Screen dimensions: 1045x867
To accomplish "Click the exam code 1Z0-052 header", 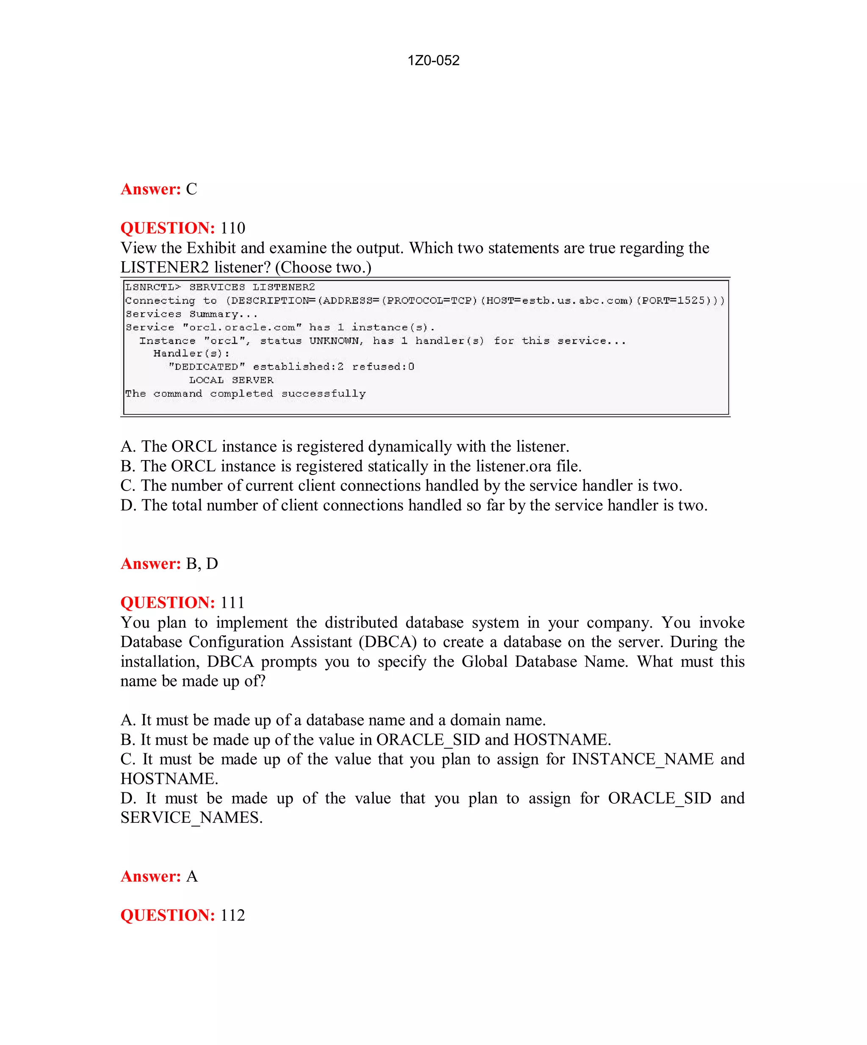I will click(433, 61).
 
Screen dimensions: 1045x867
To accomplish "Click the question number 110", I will click(232, 228).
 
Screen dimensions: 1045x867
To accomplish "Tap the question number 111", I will click(232, 603).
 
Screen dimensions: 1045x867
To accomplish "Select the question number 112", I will click(232, 915).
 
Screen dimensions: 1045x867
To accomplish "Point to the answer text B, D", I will click(202, 564).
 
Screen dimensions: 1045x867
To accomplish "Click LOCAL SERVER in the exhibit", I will click(231, 380).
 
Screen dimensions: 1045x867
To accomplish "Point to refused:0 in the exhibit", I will click(383, 367).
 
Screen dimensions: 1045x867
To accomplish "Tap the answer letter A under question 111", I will click(192, 876).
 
